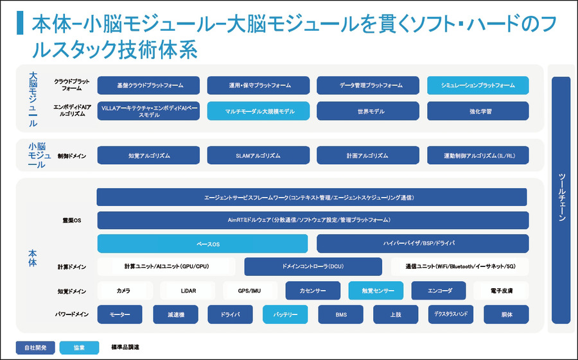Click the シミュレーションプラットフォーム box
(x=478, y=85)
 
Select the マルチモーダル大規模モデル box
(x=258, y=111)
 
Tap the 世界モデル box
(x=368, y=111)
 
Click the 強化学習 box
(x=478, y=111)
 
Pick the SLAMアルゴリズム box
(x=258, y=155)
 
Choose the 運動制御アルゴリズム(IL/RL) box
(x=478, y=155)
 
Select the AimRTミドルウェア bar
(x=313, y=220)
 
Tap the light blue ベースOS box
(x=202, y=244)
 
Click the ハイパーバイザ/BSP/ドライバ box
(x=423, y=244)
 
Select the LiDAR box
(x=188, y=291)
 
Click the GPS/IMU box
(x=250, y=291)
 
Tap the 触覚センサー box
(x=376, y=291)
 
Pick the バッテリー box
(x=285, y=314)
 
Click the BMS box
(x=340, y=314)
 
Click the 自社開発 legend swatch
(x=35, y=347)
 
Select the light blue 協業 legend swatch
(x=79, y=347)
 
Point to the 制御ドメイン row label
(x=71, y=155)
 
